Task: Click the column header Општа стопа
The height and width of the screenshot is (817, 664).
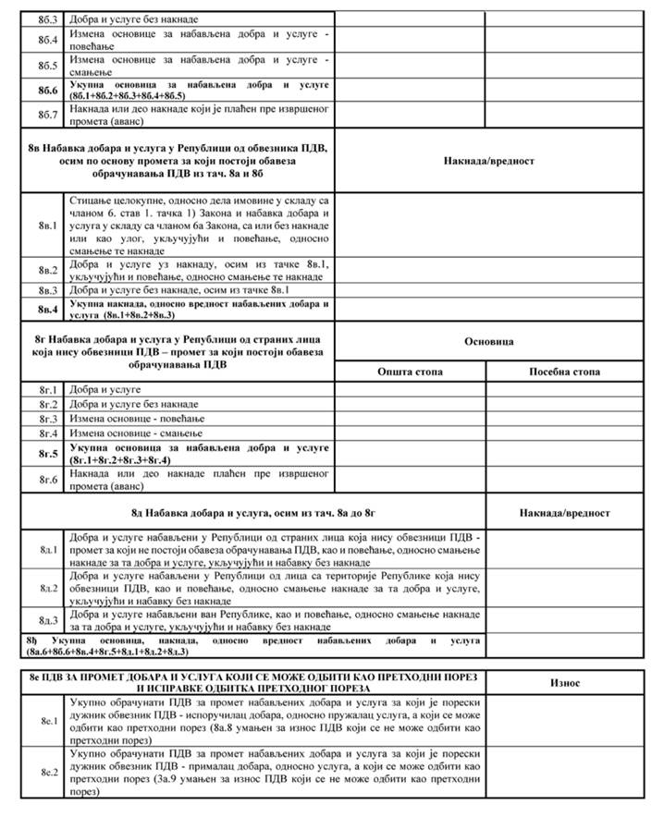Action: click(x=410, y=372)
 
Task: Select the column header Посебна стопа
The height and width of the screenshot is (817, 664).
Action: click(x=564, y=372)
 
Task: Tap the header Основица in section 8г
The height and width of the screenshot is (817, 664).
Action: click(x=487, y=341)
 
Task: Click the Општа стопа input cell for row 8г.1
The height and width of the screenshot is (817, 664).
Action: click(x=410, y=390)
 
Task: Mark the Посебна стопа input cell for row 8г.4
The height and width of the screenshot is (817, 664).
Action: click(x=564, y=432)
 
